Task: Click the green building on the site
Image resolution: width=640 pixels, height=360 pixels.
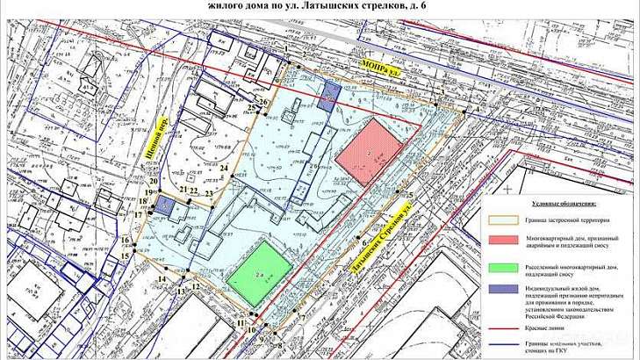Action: [260, 271]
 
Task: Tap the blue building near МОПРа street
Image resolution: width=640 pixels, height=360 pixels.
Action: [329, 94]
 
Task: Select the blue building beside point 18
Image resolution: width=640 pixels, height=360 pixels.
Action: [165, 205]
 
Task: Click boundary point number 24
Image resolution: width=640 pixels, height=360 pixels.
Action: [224, 169]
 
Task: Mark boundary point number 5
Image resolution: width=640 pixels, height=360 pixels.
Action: [409, 194]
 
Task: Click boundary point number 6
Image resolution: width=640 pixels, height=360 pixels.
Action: [363, 239]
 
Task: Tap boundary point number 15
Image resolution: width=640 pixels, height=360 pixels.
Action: [125, 256]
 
